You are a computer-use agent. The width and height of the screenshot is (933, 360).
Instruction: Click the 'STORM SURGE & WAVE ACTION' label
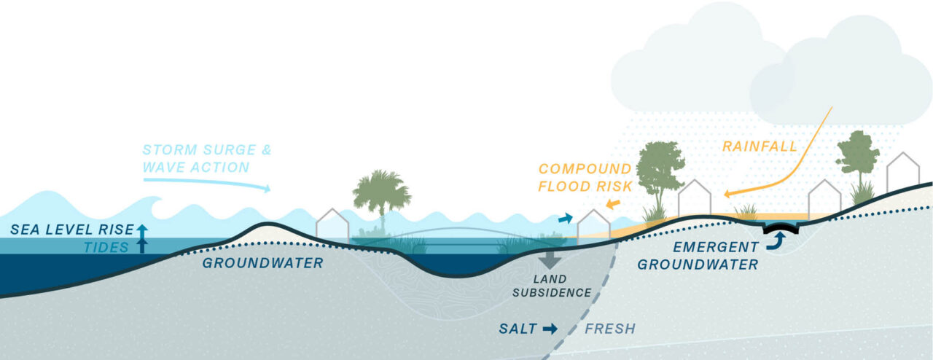(207, 159)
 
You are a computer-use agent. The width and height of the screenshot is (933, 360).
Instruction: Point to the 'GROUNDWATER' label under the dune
(262, 263)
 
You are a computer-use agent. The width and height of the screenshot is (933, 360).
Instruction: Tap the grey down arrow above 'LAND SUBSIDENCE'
(550, 259)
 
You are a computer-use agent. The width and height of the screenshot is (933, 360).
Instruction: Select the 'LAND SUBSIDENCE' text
(551, 286)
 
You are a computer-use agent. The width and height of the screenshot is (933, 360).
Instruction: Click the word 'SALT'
(518, 329)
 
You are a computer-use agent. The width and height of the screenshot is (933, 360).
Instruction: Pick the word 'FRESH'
(610, 329)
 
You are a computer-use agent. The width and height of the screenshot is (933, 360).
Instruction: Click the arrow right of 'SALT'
(550, 329)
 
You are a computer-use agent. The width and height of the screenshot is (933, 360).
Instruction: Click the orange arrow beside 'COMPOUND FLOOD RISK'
(614, 203)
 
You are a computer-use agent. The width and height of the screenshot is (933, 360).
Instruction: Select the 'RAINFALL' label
(759, 146)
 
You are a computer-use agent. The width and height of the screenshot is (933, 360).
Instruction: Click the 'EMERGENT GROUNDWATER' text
(698, 256)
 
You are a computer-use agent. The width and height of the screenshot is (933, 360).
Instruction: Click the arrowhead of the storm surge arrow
(267, 189)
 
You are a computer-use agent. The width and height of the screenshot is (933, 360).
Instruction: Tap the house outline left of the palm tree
(332, 224)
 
